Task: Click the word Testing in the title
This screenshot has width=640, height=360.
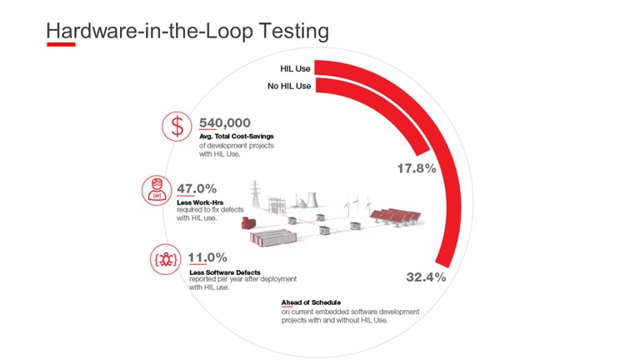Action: click(294, 32)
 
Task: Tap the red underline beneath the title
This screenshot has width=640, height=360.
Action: click(61, 44)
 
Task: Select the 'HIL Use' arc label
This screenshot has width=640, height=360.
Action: click(295, 68)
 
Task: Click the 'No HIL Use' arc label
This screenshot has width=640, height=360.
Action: click(289, 86)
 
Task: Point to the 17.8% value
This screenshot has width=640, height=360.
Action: click(417, 168)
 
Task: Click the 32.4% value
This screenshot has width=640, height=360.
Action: click(426, 277)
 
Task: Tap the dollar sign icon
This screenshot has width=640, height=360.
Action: click(177, 127)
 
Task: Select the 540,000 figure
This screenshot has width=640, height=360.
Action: click(225, 122)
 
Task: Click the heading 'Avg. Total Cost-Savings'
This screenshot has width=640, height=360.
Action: click(237, 137)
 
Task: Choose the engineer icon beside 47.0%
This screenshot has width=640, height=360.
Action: click(157, 191)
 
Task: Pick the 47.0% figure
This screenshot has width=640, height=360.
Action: click(197, 188)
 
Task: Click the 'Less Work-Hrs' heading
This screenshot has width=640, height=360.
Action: click(200, 202)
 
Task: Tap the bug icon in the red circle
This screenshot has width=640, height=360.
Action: click(165, 259)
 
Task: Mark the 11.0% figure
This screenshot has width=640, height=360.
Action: click(207, 257)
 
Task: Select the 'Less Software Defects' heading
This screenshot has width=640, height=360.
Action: click(225, 272)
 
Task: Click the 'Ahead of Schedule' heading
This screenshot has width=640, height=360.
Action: click(311, 302)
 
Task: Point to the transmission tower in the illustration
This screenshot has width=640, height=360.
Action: click(255, 194)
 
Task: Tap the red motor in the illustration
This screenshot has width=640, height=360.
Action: click(248, 222)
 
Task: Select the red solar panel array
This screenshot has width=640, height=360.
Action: click(396, 217)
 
